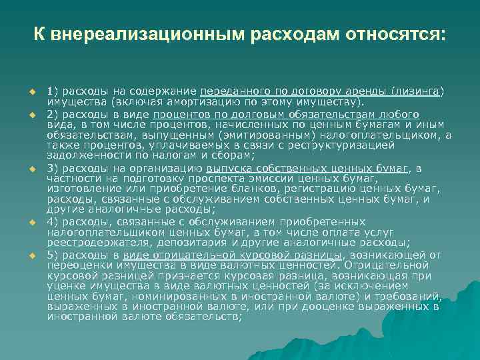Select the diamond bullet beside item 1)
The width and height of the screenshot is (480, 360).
[x=31, y=91]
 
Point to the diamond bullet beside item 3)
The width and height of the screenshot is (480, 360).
[x=31, y=169]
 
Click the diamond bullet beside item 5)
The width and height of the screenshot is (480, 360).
[x=31, y=255]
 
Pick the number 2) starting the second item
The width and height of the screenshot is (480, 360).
[x=54, y=114]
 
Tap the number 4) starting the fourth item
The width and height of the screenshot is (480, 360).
[x=54, y=221]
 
